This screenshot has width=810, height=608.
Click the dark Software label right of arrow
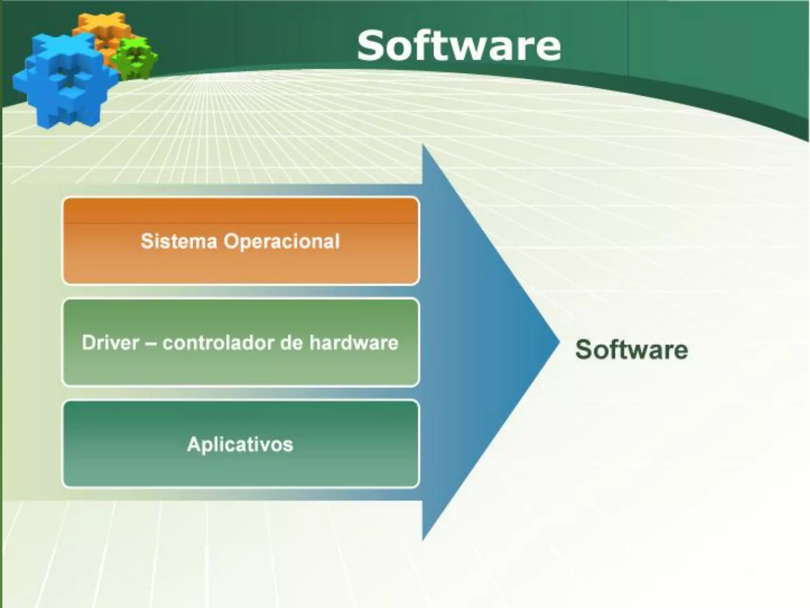coord(631,350)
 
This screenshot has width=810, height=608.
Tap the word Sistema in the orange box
coord(179,241)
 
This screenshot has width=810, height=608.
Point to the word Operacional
coord(282,241)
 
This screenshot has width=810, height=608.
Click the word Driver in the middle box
coord(110,343)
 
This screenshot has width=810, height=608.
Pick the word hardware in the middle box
coord(354,343)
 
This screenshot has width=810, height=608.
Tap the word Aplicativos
coord(240,444)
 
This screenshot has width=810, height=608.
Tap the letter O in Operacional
coord(232,241)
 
